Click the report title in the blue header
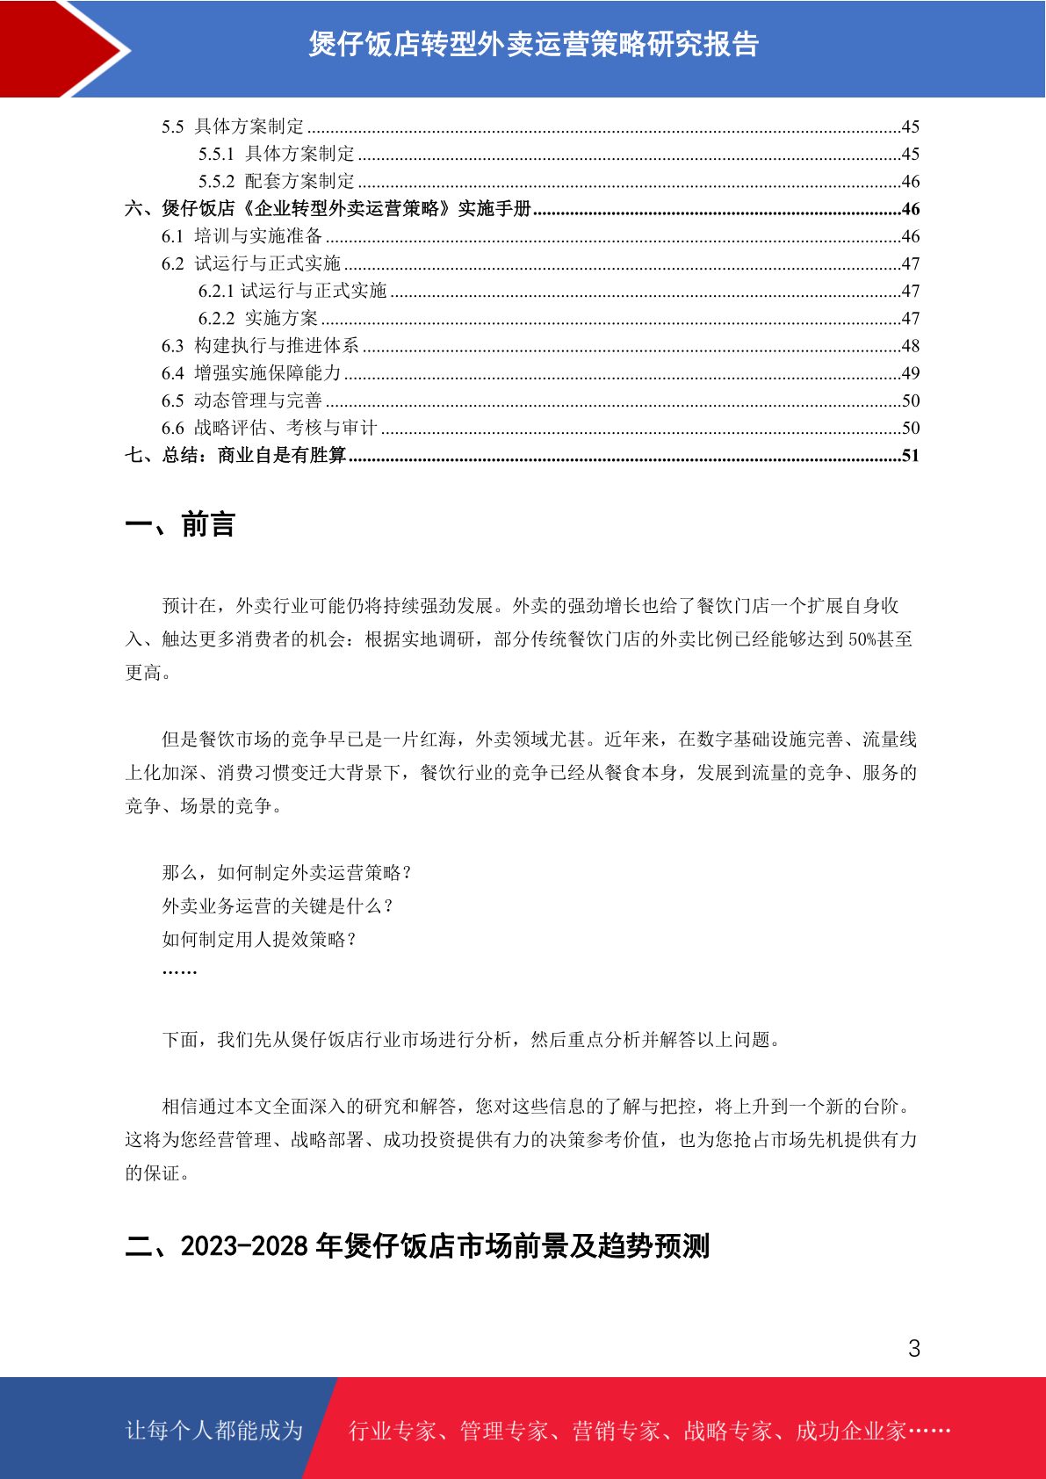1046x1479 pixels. tap(533, 44)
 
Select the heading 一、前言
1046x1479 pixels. tap(180, 524)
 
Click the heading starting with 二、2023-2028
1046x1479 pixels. tap(417, 1245)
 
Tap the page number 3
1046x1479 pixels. tap(914, 1349)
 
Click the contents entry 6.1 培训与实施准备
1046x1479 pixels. tap(242, 236)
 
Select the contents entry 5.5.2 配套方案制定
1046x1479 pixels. tap(277, 182)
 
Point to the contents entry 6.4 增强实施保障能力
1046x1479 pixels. tap(251, 373)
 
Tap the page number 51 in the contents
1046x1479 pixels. tap(911, 455)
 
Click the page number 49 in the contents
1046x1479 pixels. tap(911, 373)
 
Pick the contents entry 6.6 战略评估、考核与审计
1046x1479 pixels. tap(270, 428)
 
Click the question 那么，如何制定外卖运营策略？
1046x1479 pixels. tap(287, 872)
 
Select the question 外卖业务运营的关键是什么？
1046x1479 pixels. tap(278, 905)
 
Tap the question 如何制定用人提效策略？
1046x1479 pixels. tap(260, 939)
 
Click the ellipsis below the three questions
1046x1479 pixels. tap(179, 970)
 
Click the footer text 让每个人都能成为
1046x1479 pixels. tap(214, 1431)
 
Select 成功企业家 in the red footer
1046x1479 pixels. tap(850, 1431)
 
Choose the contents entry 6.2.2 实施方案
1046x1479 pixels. tap(258, 318)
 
